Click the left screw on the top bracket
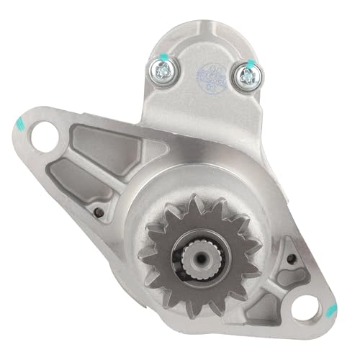(x=159, y=69)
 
